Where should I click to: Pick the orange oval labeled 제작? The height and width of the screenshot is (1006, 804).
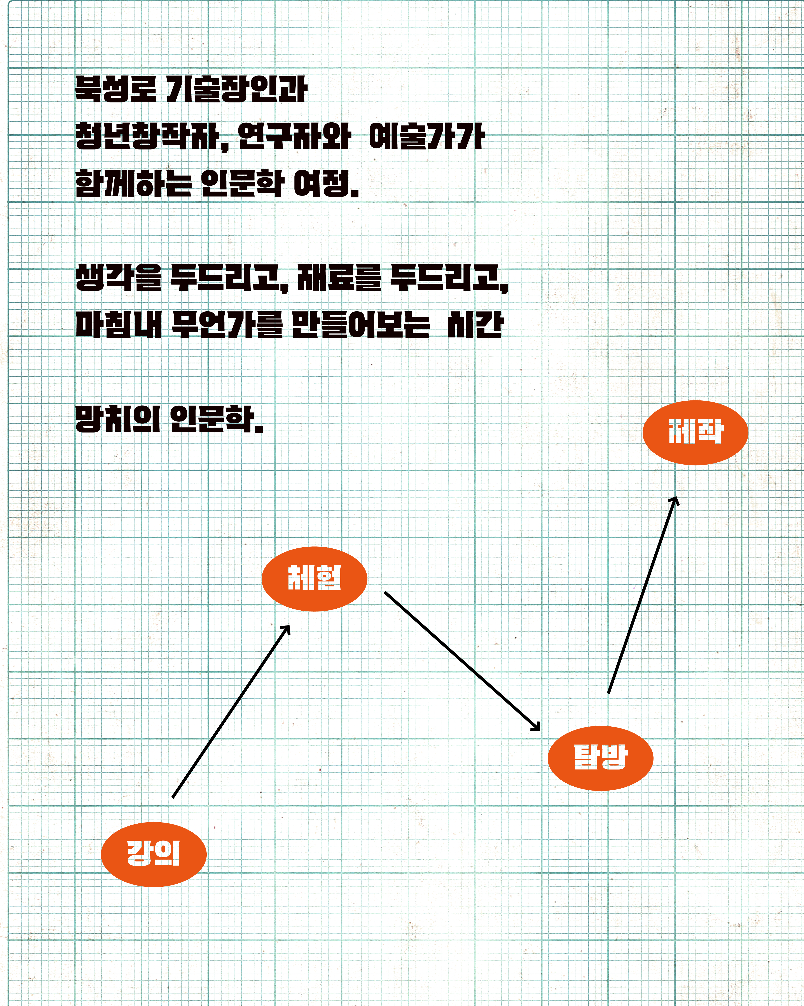695,433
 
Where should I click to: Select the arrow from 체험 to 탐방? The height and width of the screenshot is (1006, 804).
462,661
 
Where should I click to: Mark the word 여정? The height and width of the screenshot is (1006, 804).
326,183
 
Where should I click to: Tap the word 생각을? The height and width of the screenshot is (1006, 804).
118,277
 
